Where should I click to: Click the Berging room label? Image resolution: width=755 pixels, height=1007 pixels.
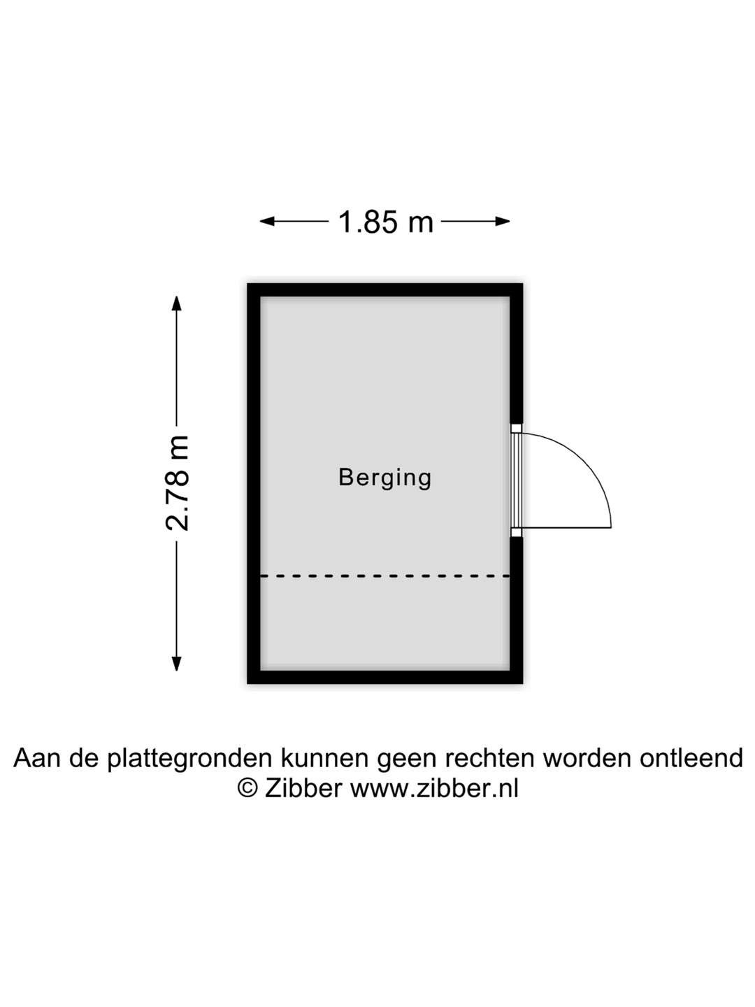(384, 478)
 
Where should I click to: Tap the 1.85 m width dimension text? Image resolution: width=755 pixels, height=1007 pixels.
(386, 222)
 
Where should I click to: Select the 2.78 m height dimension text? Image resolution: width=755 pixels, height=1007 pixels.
(178, 483)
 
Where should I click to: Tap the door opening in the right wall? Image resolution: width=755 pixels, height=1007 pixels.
(516, 480)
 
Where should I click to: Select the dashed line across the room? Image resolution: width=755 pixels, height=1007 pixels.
(384, 576)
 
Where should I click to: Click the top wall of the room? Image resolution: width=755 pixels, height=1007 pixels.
(384, 290)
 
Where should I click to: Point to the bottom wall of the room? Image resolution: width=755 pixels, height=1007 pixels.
(384, 676)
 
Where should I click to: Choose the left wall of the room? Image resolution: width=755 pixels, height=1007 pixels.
(254, 483)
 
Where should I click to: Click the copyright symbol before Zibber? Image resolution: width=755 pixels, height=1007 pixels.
(247, 788)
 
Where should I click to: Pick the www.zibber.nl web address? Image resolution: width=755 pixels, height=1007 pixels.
(434, 788)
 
